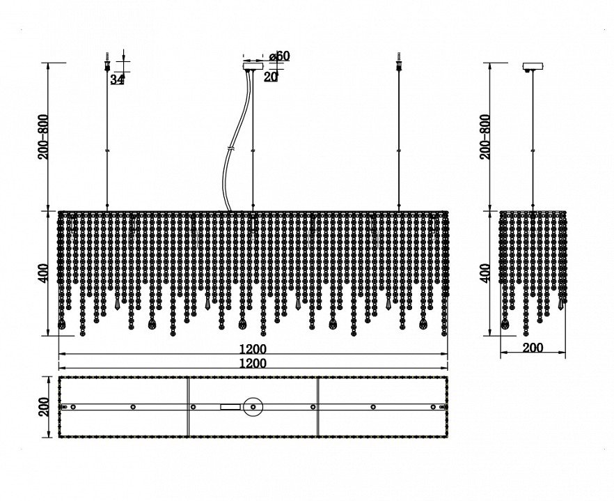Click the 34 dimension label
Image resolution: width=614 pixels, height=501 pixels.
[117, 79]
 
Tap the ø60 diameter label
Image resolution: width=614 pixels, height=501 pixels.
[278, 56]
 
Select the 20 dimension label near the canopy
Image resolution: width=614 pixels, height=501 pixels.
[271, 77]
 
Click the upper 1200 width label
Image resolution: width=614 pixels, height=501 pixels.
[253, 348]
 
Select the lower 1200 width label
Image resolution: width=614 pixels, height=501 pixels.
[253, 363]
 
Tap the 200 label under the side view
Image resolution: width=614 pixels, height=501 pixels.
[533, 348]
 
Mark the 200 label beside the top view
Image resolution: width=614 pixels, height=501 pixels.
[44, 407]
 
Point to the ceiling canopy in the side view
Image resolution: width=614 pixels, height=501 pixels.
[533, 68]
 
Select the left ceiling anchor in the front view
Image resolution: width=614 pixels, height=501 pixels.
[107, 64]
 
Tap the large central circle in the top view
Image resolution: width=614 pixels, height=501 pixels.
[252, 406]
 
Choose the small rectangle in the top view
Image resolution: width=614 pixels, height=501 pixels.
[229, 406]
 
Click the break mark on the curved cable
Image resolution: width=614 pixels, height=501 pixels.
[231, 149]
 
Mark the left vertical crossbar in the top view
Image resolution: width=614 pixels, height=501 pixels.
[189, 407]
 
